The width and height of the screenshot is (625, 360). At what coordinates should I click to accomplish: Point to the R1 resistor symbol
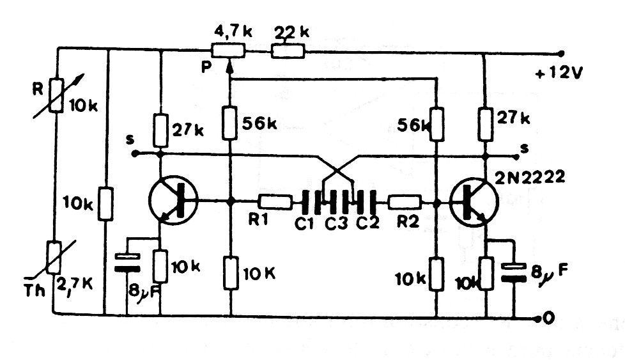(275, 201)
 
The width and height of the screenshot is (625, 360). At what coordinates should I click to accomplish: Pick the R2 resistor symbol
(405, 201)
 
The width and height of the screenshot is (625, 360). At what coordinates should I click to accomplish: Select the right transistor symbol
(474, 201)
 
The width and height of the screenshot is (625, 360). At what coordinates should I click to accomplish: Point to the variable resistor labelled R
(58, 97)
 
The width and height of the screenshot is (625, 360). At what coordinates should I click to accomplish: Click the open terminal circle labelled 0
(543, 318)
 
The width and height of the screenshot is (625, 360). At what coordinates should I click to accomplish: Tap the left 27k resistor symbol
(160, 129)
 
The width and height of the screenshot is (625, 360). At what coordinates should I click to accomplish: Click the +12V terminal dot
(560, 53)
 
